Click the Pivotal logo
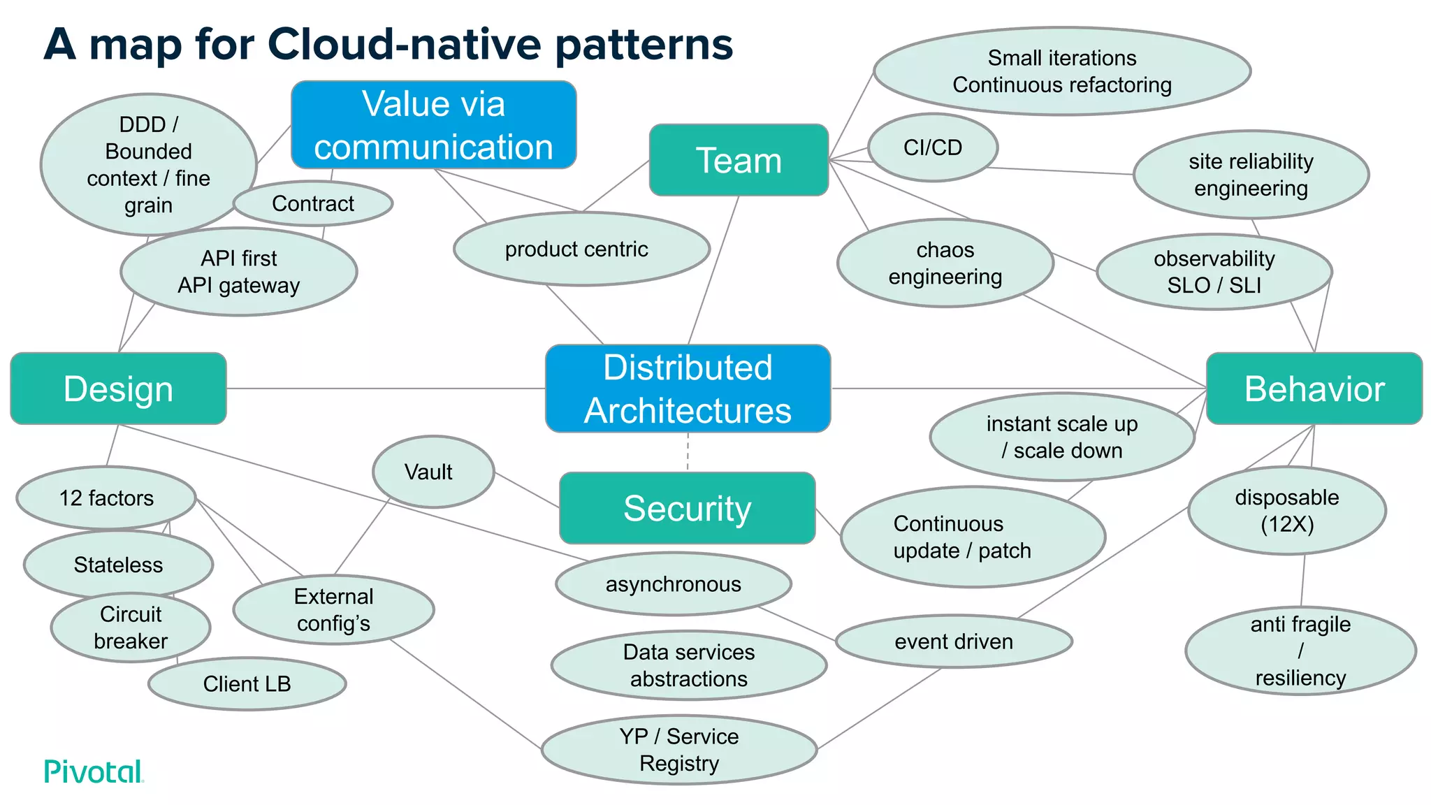tap(94, 771)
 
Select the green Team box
tap(739, 160)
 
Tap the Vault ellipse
tap(433, 472)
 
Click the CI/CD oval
tap(932, 147)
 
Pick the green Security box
tap(687, 508)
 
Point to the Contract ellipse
tap(312, 203)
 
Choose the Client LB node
tap(247, 683)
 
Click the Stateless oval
tap(118, 564)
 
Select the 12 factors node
tap(106, 498)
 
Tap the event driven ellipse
tap(953, 641)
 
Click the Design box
tap(118, 389)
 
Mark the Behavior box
tap(1314, 389)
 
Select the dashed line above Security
tap(688, 452)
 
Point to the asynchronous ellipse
tap(673, 583)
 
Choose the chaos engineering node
tap(945, 263)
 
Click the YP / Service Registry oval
tap(678, 749)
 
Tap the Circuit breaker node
tap(131, 627)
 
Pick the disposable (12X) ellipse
tap(1286, 510)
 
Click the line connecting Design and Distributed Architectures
tap(384, 389)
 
